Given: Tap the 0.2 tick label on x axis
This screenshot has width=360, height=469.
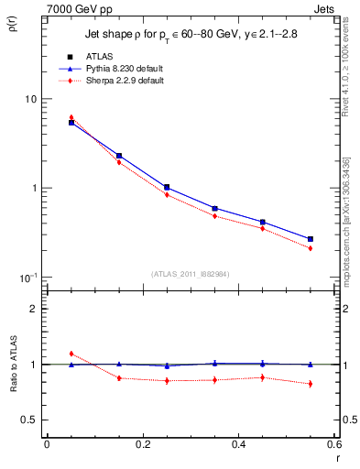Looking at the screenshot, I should click(x=142, y=445).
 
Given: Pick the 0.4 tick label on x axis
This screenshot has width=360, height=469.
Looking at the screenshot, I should click(x=238, y=445).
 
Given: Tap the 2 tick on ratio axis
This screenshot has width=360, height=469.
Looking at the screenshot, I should click(x=33, y=309).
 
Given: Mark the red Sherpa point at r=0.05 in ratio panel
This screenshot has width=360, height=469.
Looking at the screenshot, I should click(x=71, y=354).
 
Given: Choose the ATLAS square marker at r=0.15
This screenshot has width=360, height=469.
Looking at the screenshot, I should click(x=119, y=156).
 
